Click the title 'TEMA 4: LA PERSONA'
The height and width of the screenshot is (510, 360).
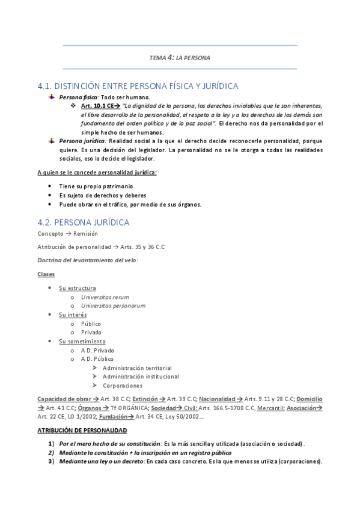pyautogui.click(x=180, y=58)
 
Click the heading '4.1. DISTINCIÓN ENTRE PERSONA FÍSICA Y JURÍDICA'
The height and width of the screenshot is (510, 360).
pyautogui.click(x=138, y=86)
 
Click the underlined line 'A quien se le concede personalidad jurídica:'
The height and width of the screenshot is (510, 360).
pyautogui.click(x=97, y=173)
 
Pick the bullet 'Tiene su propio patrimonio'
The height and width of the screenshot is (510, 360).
pyautogui.click(x=96, y=186)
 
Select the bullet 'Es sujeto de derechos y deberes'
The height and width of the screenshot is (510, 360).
pyautogui.click(x=103, y=195)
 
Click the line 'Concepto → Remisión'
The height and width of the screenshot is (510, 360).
pyautogui.click(x=67, y=233)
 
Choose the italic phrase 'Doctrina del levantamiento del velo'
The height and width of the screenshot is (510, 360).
pyautogui.click(x=87, y=260)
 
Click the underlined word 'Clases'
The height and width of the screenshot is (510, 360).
pyautogui.click(x=46, y=274)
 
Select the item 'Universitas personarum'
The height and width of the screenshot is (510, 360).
pyautogui.click(x=113, y=306)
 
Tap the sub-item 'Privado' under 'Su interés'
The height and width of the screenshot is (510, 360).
pyautogui.click(x=91, y=332)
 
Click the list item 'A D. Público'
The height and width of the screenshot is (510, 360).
pyautogui.click(x=97, y=359)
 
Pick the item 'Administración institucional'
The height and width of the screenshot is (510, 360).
pyautogui.click(x=141, y=376)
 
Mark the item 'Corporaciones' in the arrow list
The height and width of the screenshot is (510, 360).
pyautogui.click(x=123, y=386)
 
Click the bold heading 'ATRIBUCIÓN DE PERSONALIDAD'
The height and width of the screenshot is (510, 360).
pyautogui.click(x=82, y=431)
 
